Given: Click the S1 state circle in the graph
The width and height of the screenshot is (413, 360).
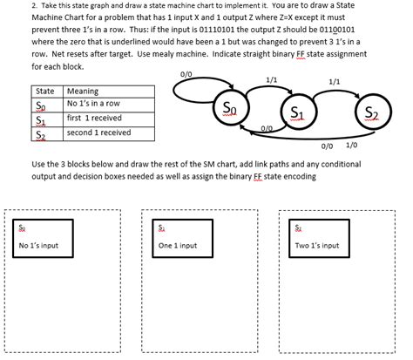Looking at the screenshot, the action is (296, 113).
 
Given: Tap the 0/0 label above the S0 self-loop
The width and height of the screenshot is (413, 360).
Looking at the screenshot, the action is (185, 74).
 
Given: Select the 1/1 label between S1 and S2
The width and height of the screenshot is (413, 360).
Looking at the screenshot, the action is (334, 82).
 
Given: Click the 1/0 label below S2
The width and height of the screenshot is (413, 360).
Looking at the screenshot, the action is (351, 146).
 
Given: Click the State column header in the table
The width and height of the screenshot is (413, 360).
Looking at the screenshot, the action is (44, 92).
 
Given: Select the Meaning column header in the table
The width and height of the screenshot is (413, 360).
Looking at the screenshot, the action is (83, 92).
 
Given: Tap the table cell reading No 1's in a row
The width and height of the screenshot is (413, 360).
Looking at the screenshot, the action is (92, 105).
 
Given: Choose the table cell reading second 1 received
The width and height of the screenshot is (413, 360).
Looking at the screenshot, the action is (98, 132).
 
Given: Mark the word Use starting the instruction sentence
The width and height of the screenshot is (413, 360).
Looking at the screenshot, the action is (38, 164).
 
